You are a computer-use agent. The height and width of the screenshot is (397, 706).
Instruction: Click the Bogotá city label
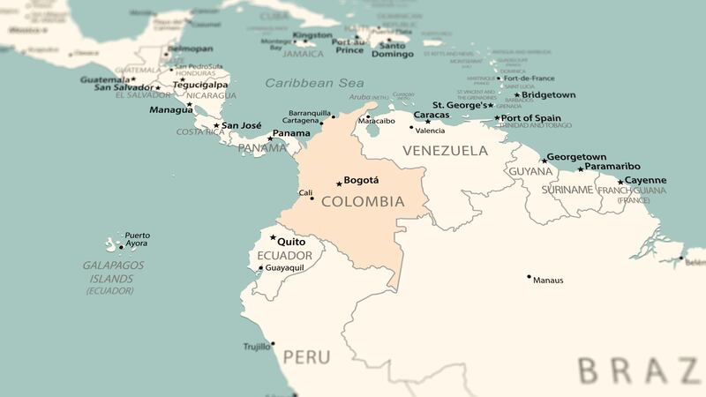361,180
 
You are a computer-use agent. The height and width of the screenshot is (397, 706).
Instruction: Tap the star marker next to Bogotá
339,184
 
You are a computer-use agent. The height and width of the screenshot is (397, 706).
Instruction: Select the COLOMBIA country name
363,202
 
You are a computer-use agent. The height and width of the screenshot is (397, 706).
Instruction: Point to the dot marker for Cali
312,198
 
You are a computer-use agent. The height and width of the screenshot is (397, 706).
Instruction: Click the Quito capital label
292,241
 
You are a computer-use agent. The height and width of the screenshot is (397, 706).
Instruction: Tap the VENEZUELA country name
445,151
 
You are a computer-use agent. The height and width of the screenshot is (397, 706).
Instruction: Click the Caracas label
432,115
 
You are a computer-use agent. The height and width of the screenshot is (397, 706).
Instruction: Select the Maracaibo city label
387,120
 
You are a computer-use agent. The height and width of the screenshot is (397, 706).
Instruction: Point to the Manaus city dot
529,277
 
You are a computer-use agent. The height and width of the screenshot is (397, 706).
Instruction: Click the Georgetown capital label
577,157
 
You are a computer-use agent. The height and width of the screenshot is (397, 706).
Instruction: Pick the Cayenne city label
646,180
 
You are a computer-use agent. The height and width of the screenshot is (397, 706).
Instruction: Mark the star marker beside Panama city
270,139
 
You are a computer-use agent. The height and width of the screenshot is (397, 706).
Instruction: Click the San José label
240,125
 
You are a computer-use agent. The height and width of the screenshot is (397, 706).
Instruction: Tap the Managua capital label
170,110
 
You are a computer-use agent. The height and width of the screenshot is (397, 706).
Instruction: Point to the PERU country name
307,357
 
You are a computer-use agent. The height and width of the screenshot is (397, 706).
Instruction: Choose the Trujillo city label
256,347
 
